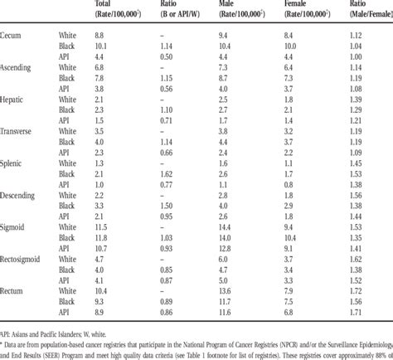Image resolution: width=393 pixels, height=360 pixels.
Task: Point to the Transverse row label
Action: click(18, 130)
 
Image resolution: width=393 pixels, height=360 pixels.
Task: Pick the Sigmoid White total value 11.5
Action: click(101, 226)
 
